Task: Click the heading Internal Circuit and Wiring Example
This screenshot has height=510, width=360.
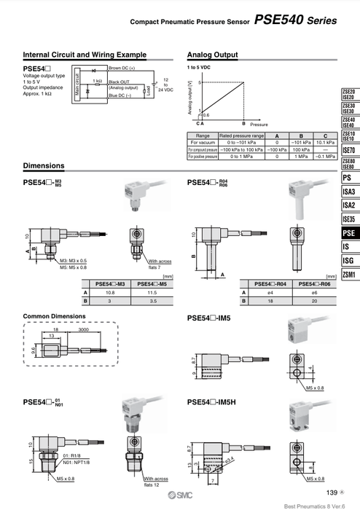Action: pos(85,55)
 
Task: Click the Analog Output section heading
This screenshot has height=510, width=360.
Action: pos(212,55)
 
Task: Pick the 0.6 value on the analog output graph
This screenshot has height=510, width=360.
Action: pos(205,114)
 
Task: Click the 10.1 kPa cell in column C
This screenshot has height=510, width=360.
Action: pos(325,142)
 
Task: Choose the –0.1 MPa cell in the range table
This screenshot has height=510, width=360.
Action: pos(325,157)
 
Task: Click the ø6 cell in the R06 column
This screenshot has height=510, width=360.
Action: pos(314,291)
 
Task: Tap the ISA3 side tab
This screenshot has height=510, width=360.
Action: pos(348,192)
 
